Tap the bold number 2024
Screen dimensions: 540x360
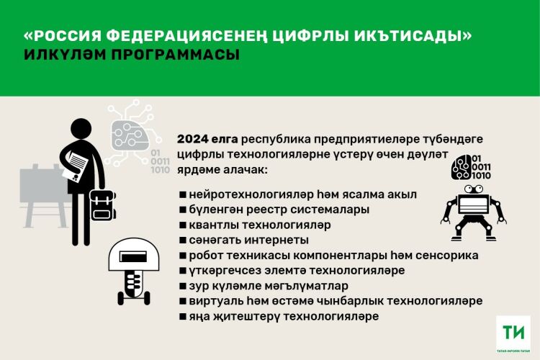pyautogui.click(x=193, y=139)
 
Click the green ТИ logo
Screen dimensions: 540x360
pyautogui.click(x=513, y=332)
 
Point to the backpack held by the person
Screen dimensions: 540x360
pyautogui.click(x=102, y=205)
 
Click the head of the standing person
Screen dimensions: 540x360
pyautogui.click(x=81, y=129)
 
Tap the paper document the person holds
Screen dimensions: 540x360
pyautogui.click(x=75, y=166)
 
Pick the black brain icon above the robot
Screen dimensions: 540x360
pyautogui.click(x=461, y=167)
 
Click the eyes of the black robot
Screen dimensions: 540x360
pyautogui.click(x=474, y=189)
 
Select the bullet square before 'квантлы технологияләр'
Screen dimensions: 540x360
pyautogui.click(x=183, y=225)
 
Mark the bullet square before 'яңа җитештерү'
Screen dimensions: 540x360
pyautogui.click(x=183, y=316)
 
